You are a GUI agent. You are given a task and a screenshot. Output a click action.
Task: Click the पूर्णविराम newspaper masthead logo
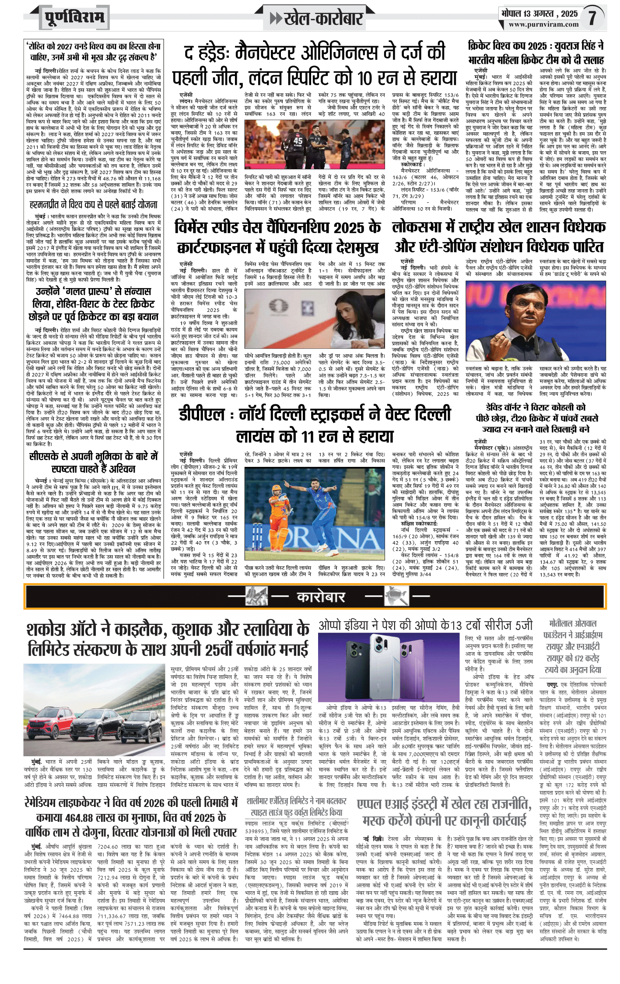pos(74,18)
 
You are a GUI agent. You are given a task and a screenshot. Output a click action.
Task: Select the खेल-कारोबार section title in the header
pos(323,18)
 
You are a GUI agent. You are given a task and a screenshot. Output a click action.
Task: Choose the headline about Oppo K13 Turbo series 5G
pos(425,625)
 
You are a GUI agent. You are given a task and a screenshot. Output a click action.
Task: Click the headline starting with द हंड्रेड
pos(314,66)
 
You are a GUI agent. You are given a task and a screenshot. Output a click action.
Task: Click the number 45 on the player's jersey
pos(298,141)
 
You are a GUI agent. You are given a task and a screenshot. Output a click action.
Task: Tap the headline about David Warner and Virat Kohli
pos(536,418)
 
